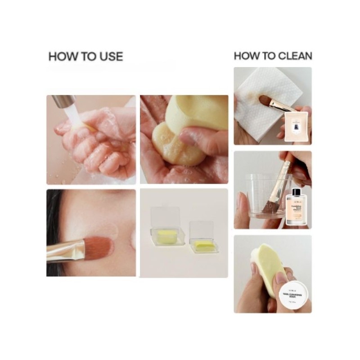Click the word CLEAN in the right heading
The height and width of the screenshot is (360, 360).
[295, 56]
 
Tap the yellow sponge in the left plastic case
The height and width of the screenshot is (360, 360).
[164, 235]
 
